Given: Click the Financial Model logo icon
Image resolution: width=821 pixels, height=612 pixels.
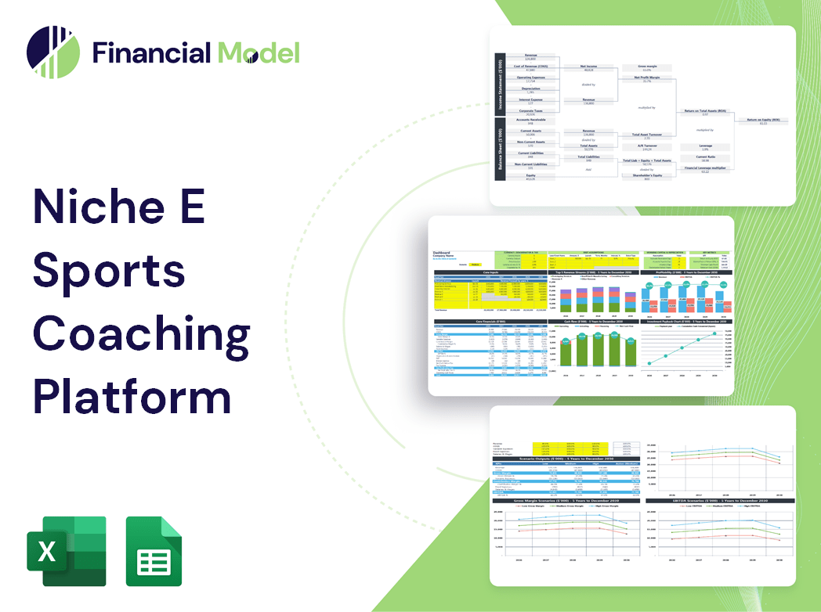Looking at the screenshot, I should tap(52, 52).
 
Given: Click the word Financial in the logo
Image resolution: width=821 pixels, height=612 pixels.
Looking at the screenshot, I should tap(151, 53).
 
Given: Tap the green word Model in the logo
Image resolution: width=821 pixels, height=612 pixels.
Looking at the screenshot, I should tap(258, 53).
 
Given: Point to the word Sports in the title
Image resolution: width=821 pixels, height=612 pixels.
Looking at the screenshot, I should tap(109, 272).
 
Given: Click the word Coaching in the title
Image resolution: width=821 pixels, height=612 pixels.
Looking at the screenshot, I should tap(141, 333).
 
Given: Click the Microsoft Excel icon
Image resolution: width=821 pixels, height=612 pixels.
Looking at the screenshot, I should tap(66, 551).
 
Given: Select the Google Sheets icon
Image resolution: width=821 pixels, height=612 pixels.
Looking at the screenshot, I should tap(154, 551).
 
